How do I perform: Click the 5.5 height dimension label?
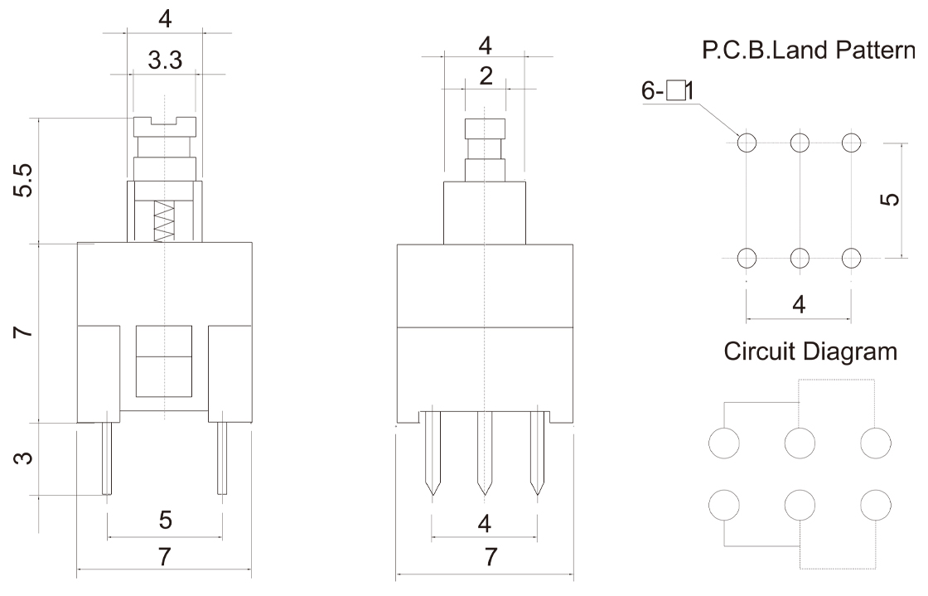coord(26,181)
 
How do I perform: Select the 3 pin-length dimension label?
coord(26,458)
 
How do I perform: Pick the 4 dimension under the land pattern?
coord(799,304)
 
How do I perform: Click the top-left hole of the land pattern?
coord(747,143)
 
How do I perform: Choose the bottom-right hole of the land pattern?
coord(852,257)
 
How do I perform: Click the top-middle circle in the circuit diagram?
coord(799,443)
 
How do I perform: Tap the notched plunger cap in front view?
coord(166,127)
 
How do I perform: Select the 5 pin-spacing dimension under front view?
coord(164,520)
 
